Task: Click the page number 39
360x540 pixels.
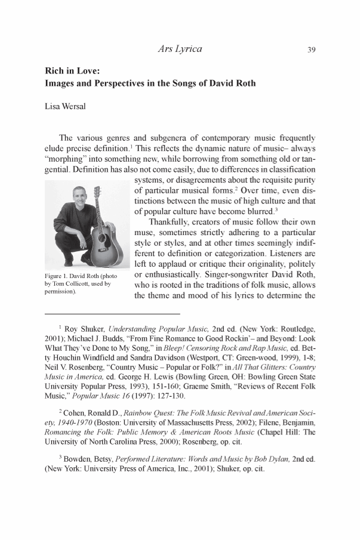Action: [x=311, y=50]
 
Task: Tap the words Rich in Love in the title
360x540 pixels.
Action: [x=70, y=71]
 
